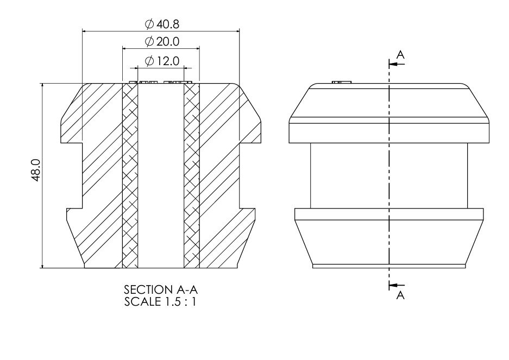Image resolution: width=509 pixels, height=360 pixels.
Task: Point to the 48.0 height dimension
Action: tap(35, 170)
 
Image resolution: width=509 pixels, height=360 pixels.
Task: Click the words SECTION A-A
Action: tap(161, 289)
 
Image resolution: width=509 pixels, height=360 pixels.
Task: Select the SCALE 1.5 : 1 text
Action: tap(160, 301)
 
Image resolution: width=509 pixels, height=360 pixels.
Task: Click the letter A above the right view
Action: tap(401, 54)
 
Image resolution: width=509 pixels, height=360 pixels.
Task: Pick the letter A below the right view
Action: tap(400, 295)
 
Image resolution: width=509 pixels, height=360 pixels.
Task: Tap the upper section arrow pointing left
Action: tap(397, 64)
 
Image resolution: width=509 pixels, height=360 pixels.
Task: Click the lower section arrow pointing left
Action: tap(397, 285)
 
